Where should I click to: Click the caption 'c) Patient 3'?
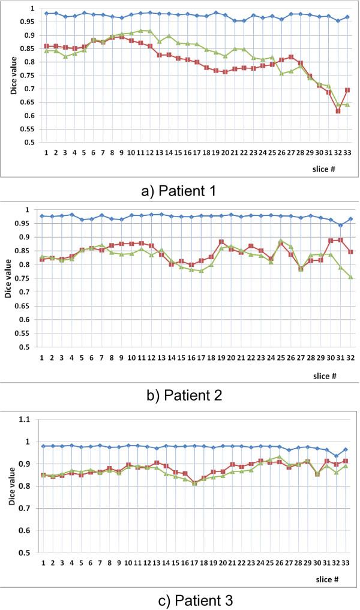coord(179,599)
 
